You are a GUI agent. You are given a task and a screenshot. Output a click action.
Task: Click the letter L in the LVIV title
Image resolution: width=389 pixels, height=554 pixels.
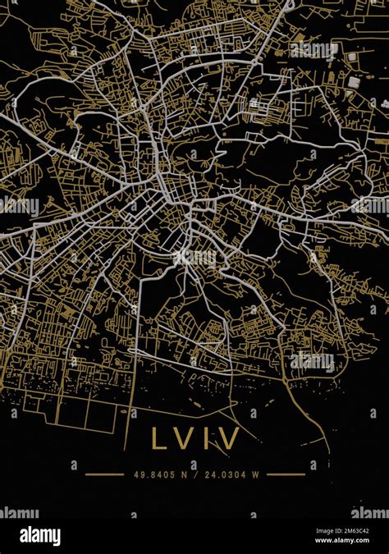[x=158, y=438]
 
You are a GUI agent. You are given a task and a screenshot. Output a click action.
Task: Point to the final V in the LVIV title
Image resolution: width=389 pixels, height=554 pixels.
[x=227, y=438]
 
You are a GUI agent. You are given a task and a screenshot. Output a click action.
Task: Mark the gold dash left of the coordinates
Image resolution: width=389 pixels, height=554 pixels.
[x=104, y=474]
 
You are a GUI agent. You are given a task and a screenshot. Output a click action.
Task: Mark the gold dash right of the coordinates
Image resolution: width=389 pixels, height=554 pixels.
[x=286, y=474]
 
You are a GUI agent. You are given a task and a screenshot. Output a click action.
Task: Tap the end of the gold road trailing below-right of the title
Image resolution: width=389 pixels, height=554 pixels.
[x=328, y=451]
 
